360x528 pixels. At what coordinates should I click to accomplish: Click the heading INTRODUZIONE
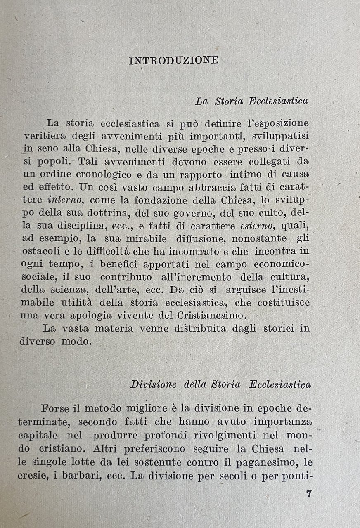tap(174, 60)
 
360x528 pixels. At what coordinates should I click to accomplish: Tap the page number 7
tap(308, 494)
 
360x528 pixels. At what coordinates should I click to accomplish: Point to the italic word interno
tap(66, 200)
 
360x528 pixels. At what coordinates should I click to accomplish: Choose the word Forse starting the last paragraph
tap(56, 408)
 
